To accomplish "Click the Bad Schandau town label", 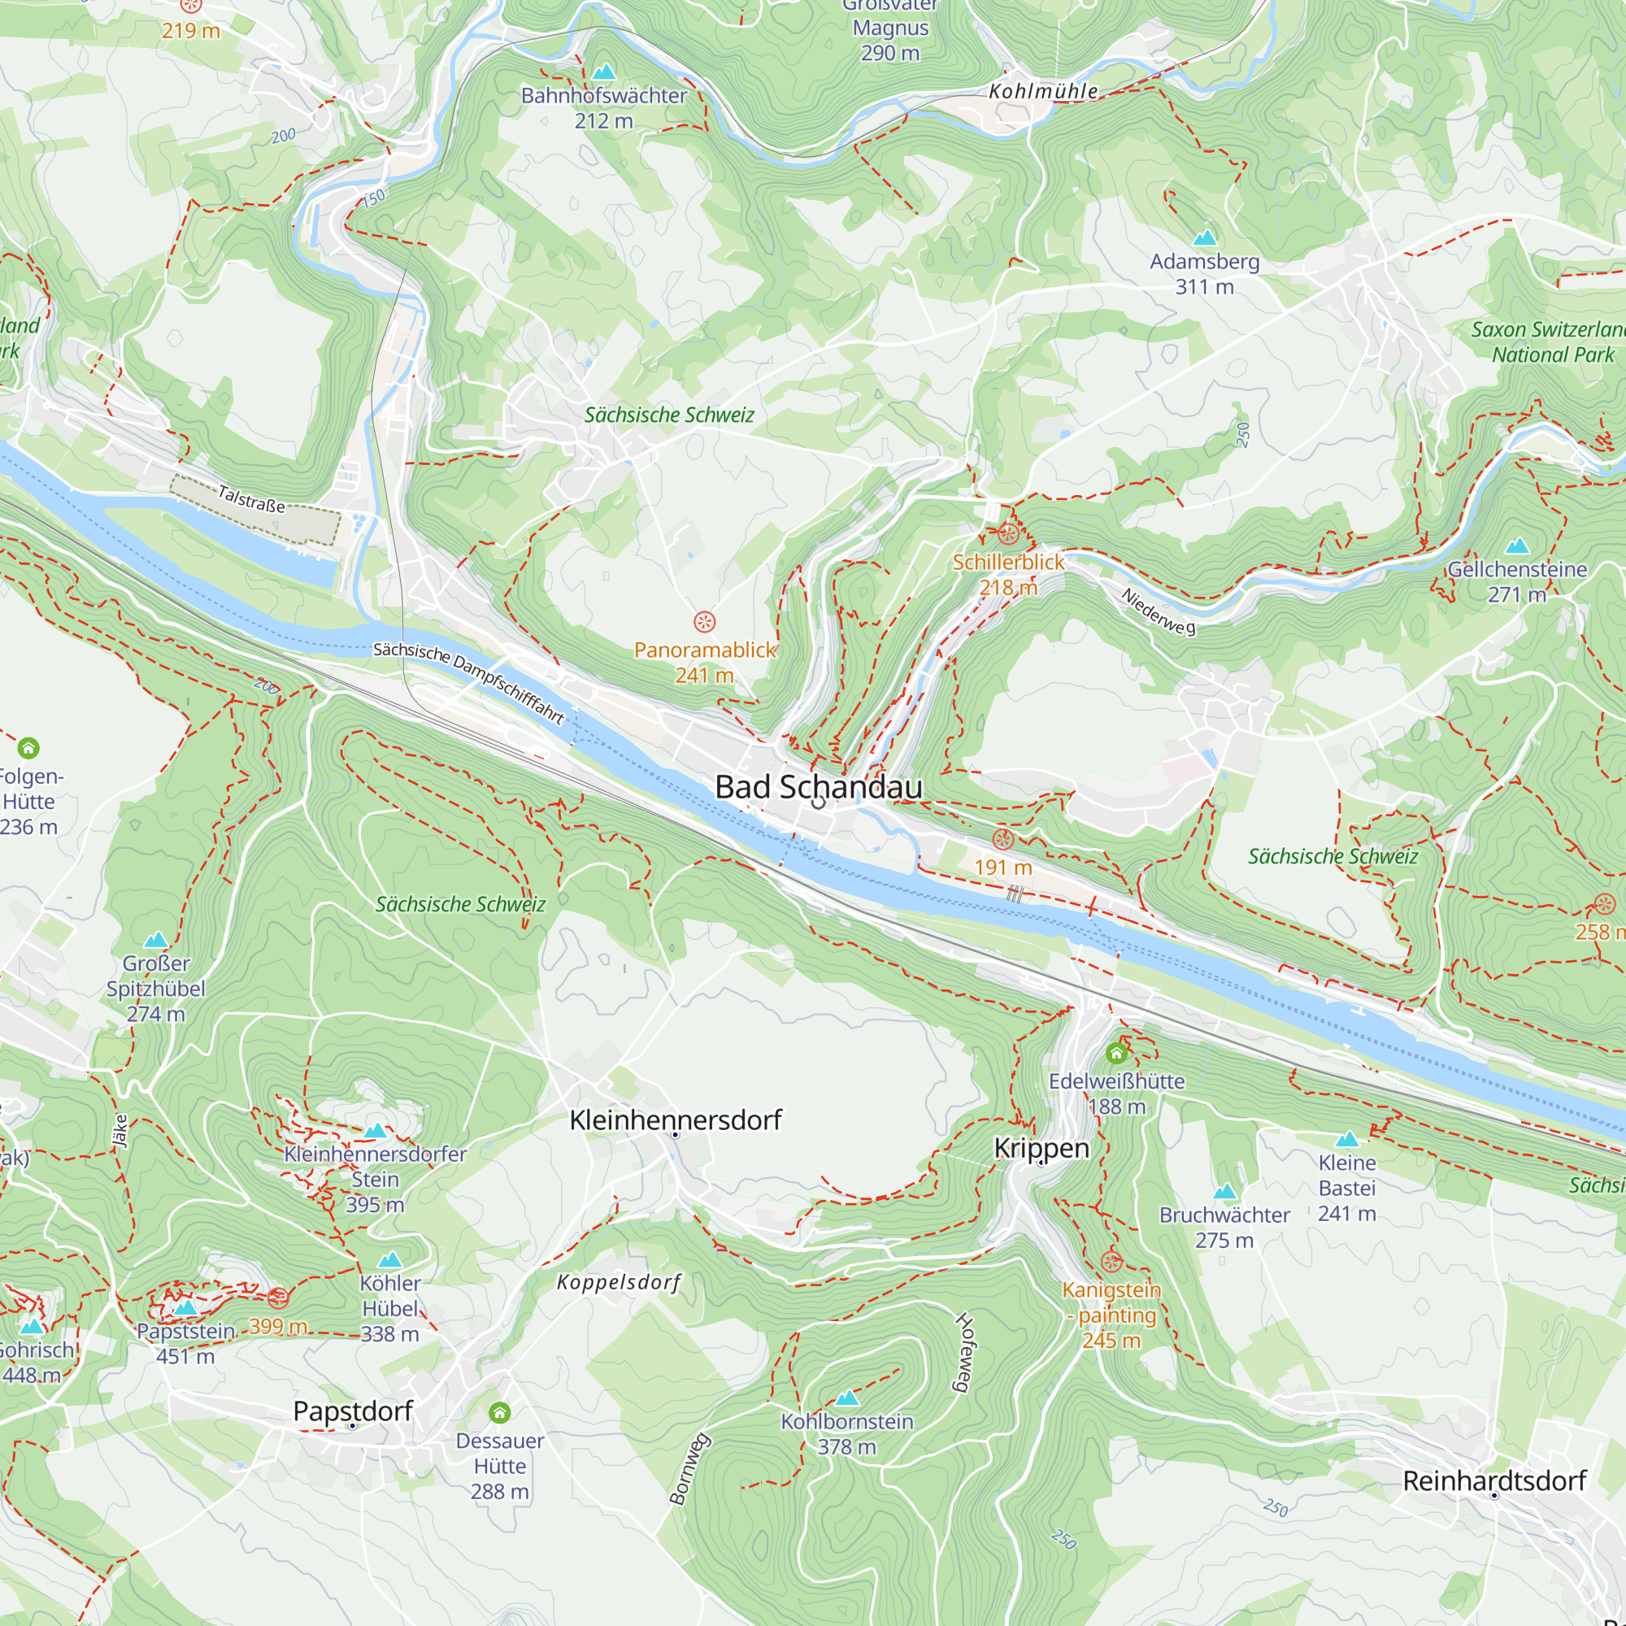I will pyautogui.click(x=818, y=787).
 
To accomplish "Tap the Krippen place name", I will pyautogui.click(x=1041, y=1148).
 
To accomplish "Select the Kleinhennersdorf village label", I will pyautogui.click(x=675, y=1120).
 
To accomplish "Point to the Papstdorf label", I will pyautogui.click(x=353, y=1411).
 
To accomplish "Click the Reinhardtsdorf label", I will pyautogui.click(x=1493, y=1481).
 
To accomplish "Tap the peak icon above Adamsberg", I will pyautogui.click(x=1205, y=237).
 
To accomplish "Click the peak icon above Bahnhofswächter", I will pyautogui.click(x=603, y=72).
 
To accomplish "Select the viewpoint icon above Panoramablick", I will pyautogui.click(x=704, y=622).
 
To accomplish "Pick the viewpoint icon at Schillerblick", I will pyautogui.click(x=1008, y=533).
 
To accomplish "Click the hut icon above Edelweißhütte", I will pyautogui.click(x=1116, y=1053).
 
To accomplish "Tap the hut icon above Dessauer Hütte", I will pyautogui.click(x=499, y=1412).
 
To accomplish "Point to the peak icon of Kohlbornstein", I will pyautogui.click(x=846, y=1398).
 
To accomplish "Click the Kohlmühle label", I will pyautogui.click(x=1043, y=91).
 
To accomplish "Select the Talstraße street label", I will pyautogui.click(x=250, y=499).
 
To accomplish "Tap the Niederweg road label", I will pyautogui.click(x=1157, y=612).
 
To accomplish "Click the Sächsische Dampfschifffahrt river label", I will pyautogui.click(x=468, y=682).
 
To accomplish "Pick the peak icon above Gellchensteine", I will pyautogui.click(x=1516, y=546).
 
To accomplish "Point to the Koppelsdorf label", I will pyautogui.click(x=619, y=1283).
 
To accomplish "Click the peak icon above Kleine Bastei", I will pyautogui.click(x=1346, y=1140).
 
